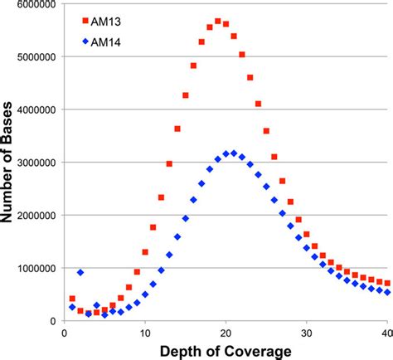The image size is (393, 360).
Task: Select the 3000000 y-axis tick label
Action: (x=34, y=163)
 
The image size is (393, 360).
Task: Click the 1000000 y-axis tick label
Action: (x=34, y=268)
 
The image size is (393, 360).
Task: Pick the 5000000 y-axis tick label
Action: (x=34, y=57)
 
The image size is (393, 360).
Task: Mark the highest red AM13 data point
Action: (x=218, y=22)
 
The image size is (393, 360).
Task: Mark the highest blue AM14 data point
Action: (x=234, y=153)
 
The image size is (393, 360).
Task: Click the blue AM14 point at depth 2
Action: (x=80, y=272)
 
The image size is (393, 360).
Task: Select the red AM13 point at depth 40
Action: (x=387, y=283)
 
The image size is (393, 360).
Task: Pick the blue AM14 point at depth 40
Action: (x=387, y=292)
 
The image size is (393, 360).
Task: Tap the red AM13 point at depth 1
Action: (x=72, y=299)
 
